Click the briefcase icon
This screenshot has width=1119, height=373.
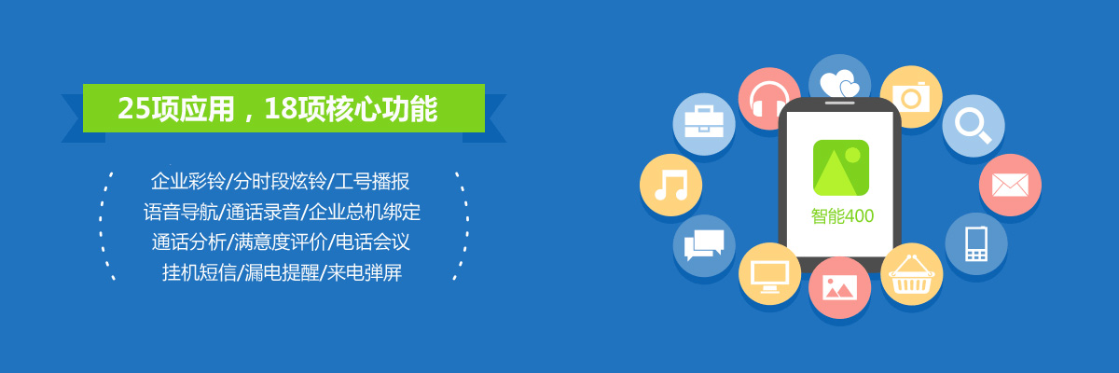tap(704, 123)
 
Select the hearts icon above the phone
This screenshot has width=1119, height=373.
tap(839, 80)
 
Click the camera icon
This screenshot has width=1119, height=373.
tap(911, 96)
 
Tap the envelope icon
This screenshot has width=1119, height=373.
tap(1010, 185)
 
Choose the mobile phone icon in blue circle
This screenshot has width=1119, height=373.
tap(976, 243)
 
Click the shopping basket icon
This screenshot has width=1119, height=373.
tap(912, 274)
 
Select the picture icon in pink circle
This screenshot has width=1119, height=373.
tap(840, 287)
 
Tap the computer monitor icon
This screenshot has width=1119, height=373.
tap(770, 273)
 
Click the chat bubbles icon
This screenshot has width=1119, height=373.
tap(704, 245)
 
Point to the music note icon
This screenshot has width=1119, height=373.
tap(670, 186)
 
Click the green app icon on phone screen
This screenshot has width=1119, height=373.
tap(841, 168)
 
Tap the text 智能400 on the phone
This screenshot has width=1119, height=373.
tap(842, 216)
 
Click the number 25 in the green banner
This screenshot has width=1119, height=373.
tap(134, 108)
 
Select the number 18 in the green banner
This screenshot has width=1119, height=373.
tap(281, 108)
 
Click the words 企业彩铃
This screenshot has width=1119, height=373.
tap(188, 181)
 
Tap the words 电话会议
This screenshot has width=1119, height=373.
tap(373, 242)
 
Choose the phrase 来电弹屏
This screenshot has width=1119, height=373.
tap(365, 272)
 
